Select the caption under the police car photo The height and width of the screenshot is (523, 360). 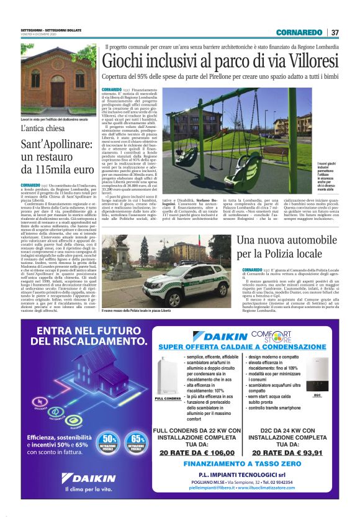136,309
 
